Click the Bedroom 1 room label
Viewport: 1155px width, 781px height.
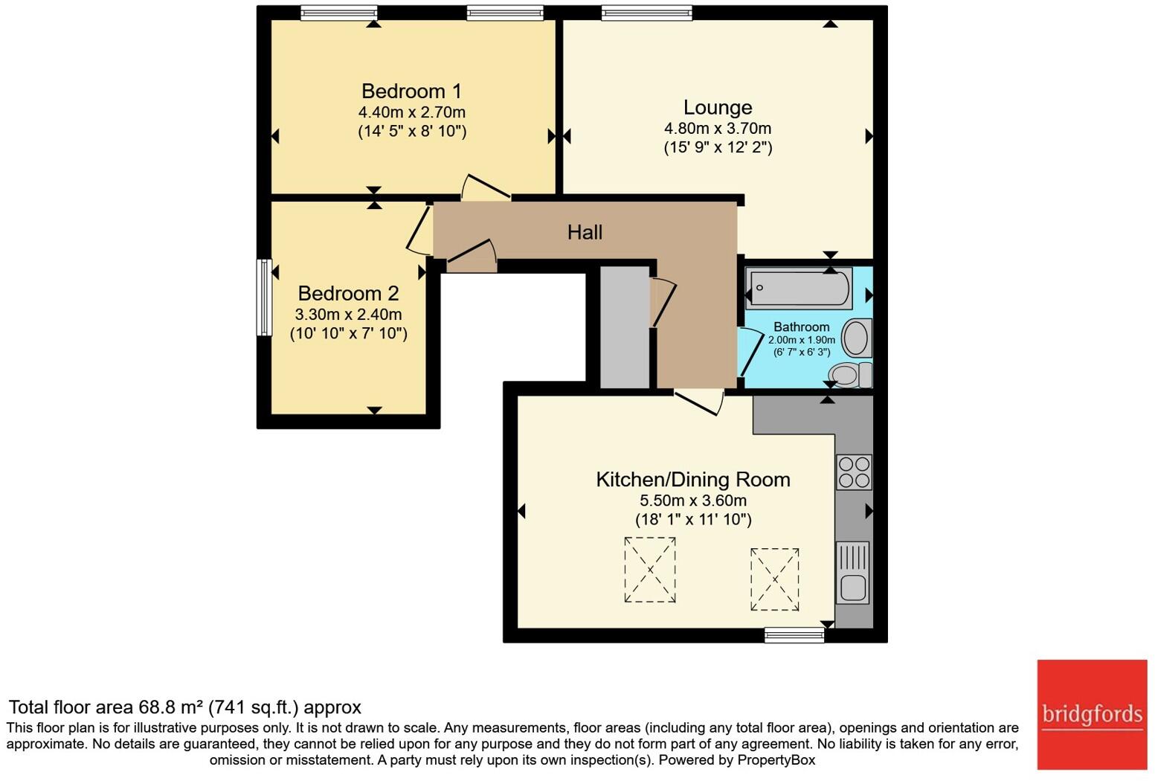[411, 91]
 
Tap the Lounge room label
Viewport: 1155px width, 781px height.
[718, 108]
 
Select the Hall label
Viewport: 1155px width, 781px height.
[585, 233]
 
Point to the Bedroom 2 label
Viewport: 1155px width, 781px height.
[348, 294]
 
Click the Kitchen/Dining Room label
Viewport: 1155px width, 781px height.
[692, 480]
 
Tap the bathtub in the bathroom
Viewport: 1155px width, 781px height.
[800, 288]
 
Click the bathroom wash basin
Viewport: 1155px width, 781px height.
[856, 338]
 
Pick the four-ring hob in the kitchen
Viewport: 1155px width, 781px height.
[853, 472]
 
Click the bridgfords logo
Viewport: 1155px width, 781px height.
[1092, 715]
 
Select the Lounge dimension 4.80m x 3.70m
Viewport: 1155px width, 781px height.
[718, 129]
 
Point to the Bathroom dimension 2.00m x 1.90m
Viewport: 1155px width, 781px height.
[801, 340]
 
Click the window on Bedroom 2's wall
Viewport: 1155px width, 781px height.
[263, 297]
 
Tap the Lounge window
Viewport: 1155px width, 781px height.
[646, 13]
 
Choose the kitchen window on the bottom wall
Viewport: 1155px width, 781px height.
[794, 634]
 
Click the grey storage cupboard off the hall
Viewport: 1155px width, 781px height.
[624, 327]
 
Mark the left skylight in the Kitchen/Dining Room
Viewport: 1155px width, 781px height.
[650, 570]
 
